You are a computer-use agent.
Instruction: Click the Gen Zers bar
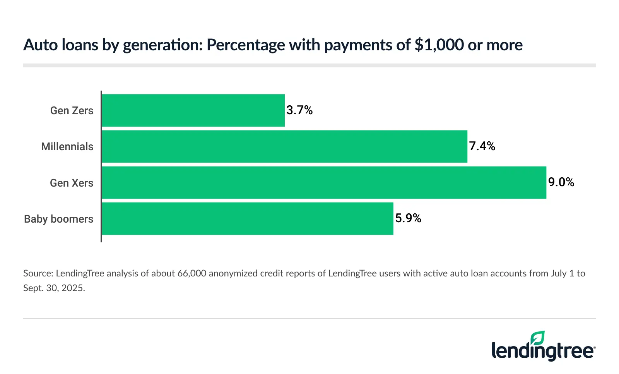[x=193, y=110]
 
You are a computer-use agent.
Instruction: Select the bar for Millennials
[x=284, y=146]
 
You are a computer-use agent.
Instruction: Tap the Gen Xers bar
[x=324, y=183]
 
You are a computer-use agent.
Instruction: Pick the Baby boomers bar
[x=248, y=219]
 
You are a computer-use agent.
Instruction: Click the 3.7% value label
[x=299, y=110]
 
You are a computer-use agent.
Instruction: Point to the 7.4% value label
[x=482, y=146]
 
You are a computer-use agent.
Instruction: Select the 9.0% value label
[x=561, y=182]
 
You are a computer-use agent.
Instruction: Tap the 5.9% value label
[x=408, y=218]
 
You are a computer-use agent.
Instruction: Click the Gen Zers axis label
[x=72, y=111]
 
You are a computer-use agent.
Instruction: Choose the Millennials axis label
[x=67, y=147]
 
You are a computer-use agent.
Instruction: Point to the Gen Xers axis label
[x=72, y=183]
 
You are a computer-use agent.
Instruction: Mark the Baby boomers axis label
[x=59, y=219]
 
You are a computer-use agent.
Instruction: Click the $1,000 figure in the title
[x=439, y=45]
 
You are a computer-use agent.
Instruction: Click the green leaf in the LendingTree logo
[x=537, y=338]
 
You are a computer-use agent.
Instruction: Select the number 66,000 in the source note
[x=192, y=273]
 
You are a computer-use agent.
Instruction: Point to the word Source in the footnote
[x=38, y=273]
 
